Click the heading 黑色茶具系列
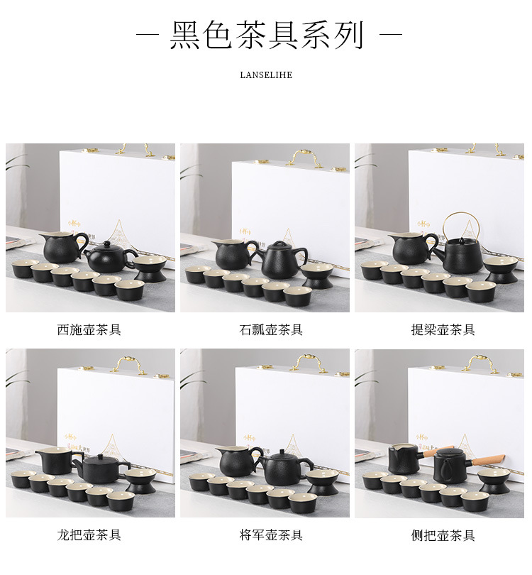pyautogui.click(x=266, y=35)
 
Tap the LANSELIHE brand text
pyautogui.click(x=266, y=75)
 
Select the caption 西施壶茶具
pyautogui.click(x=89, y=330)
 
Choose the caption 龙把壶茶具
pyautogui.click(x=89, y=535)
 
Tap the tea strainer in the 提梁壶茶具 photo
pyautogui.click(x=499, y=269)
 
